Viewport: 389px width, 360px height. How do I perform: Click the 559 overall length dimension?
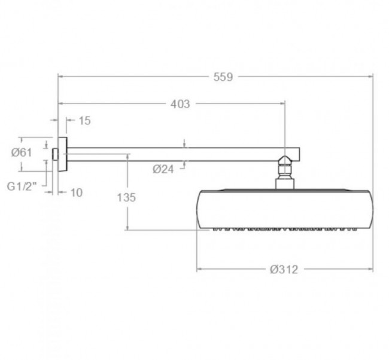[x=223, y=77]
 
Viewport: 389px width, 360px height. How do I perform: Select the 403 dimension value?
[x=180, y=104]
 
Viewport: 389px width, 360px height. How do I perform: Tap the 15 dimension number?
[x=85, y=121]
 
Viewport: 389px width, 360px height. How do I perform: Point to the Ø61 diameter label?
[x=22, y=152]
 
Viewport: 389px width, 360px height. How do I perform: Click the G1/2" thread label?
[x=22, y=186]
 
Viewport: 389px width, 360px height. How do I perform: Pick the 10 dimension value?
[x=77, y=193]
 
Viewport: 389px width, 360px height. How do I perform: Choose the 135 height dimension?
[x=126, y=197]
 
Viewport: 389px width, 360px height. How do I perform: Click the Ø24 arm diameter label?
[x=163, y=169]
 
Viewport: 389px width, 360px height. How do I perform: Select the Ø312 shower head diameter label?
[x=284, y=270]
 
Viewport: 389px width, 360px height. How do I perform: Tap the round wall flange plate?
[x=62, y=154]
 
